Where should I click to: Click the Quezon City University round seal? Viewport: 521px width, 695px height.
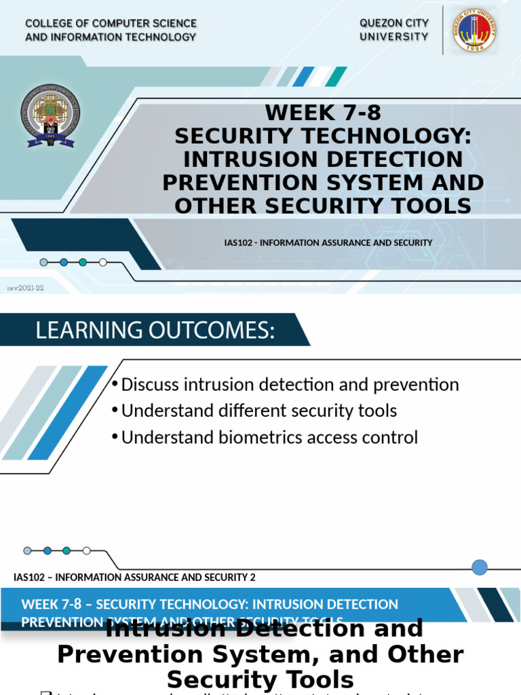click(x=474, y=30)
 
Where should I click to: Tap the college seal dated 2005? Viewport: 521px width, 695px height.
click(x=52, y=116)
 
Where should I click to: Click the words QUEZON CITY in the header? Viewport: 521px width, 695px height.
click(x=394, y=23)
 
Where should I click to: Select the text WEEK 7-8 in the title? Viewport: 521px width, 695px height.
click(x=318, y=113)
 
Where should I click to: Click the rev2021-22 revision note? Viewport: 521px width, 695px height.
click(x=25, y=288)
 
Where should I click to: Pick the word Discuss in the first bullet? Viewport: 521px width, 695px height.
click(x=149, y=385)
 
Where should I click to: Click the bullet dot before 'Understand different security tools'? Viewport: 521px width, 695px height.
click(x=115, y=411)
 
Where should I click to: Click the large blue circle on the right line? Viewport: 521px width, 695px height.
click(x=480, y=567)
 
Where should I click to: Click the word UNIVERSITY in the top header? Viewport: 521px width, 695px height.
click(x=394, y=37)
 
